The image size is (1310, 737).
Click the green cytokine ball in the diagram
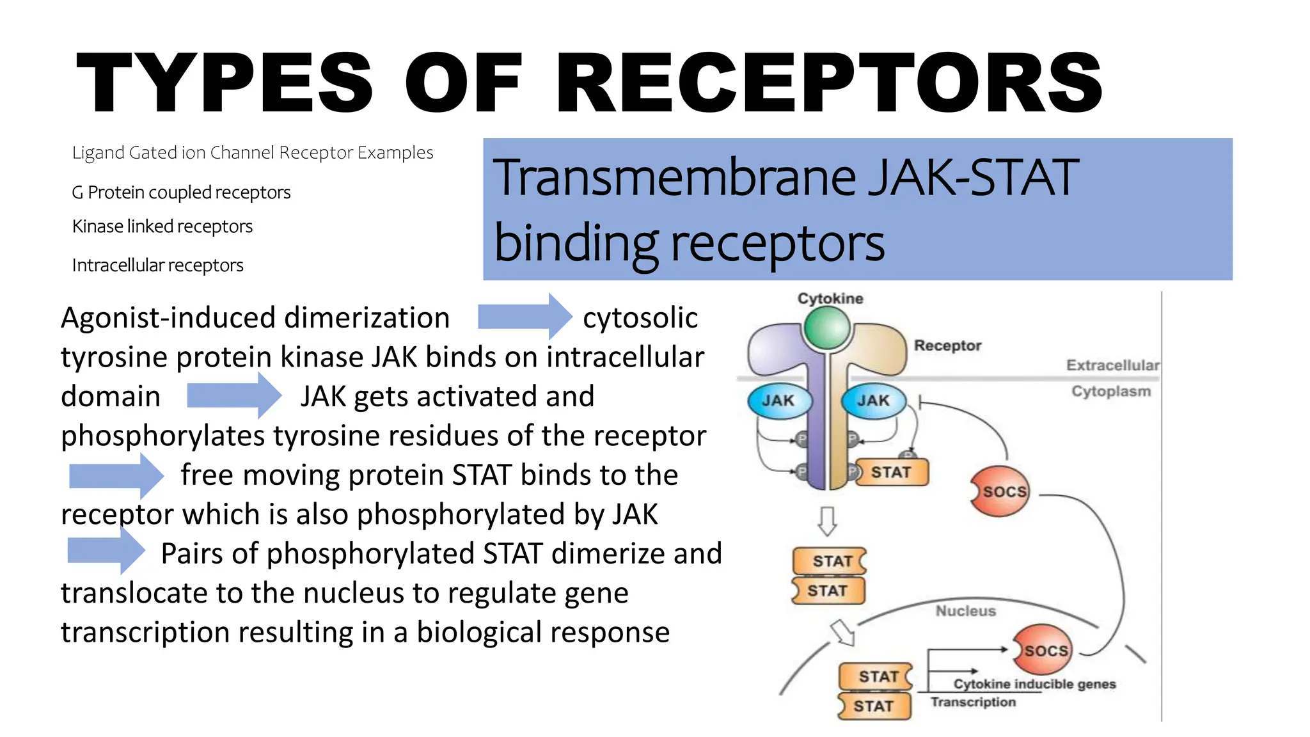pos(827,328)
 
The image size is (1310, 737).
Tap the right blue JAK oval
pos(874,401)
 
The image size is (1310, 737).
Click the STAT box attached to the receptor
pos(892,473)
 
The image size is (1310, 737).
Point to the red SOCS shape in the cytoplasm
pos(1001,491)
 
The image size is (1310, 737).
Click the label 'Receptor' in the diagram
pos(947,345)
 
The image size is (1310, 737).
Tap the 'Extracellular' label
pos(1112,365)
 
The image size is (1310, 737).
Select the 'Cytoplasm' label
pos(1111,391)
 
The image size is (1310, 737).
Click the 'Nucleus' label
pos(966,611)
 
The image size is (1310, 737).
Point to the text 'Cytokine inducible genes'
pos(1034,684)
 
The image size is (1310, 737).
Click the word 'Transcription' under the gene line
pos(973,702)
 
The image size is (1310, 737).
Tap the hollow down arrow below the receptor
pos(827,521)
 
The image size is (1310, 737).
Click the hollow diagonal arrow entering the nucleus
pos(842,633)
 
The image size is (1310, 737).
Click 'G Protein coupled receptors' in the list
pos(181,192)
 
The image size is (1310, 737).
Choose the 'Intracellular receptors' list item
pos(157,265)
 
